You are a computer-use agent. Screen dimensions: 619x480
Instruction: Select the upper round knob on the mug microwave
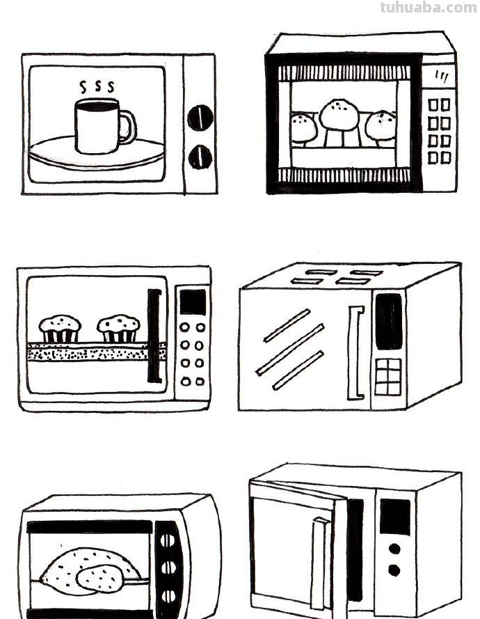(200, 117)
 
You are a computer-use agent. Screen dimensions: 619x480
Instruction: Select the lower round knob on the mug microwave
(200, 157)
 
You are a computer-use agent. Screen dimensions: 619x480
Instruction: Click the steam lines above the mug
(97, 87)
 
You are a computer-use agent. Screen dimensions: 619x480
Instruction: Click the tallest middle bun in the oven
(339, 114)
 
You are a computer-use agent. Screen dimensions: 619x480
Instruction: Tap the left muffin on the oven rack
(60, 328)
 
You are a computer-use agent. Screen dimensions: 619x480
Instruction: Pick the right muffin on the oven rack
(118, 328)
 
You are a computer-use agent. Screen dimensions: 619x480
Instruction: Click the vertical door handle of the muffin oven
(154, 336)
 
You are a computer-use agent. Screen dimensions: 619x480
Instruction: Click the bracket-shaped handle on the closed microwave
(356, 352)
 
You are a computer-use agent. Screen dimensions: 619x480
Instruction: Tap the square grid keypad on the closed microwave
(388, 377)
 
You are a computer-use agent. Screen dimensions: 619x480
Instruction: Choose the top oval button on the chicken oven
(168, 540)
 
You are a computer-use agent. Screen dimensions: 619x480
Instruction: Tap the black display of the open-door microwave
(394, 517)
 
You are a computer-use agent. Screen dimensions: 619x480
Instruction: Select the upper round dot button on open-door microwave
(394, 549)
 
